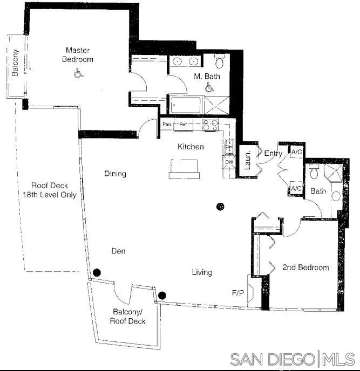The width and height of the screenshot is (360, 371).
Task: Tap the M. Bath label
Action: [x=207, y=77]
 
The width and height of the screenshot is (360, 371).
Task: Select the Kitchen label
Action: [x=191, y=147]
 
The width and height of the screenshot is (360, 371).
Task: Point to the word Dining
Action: [x=115, y=174]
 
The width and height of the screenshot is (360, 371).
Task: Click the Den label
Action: [x=118, y=251]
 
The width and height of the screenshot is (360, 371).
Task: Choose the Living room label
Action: [x=202, y=272]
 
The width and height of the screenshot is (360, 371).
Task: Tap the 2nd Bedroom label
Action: [x=305, y=267]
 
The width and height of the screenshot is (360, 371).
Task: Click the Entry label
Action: [x=273, y=154]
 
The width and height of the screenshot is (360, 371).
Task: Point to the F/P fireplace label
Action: [x=237, y=294]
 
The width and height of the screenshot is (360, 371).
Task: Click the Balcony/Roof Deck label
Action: [x=128, y=317]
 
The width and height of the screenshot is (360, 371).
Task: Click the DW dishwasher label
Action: [x=229, y=162]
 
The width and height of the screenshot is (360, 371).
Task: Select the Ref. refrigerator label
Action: [x=183, y=125]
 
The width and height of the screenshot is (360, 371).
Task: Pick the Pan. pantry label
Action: [x=167, y=125]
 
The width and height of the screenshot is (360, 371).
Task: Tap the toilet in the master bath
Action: [x=219, y=59]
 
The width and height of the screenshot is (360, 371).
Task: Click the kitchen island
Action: [x=184, y=168]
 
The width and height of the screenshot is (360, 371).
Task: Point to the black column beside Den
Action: [x=97, y=272]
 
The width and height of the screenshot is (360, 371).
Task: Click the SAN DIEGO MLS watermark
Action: [x=293, y=359]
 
